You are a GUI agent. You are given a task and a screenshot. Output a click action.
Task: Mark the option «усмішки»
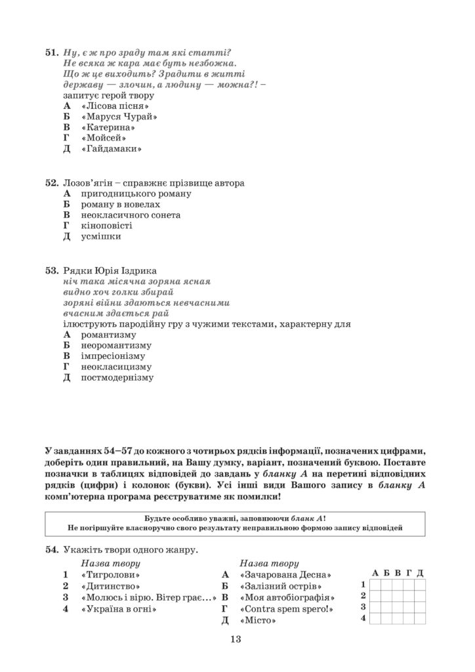click(100, 236)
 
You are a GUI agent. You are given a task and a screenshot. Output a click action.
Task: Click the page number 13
click(237, 640)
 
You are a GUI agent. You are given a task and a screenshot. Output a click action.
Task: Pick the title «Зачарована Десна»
click(283, 574)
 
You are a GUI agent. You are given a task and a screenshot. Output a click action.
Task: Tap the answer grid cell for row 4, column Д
click(421, 619)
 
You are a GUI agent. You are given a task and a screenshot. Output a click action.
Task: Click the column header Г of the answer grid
click(409, 573)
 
